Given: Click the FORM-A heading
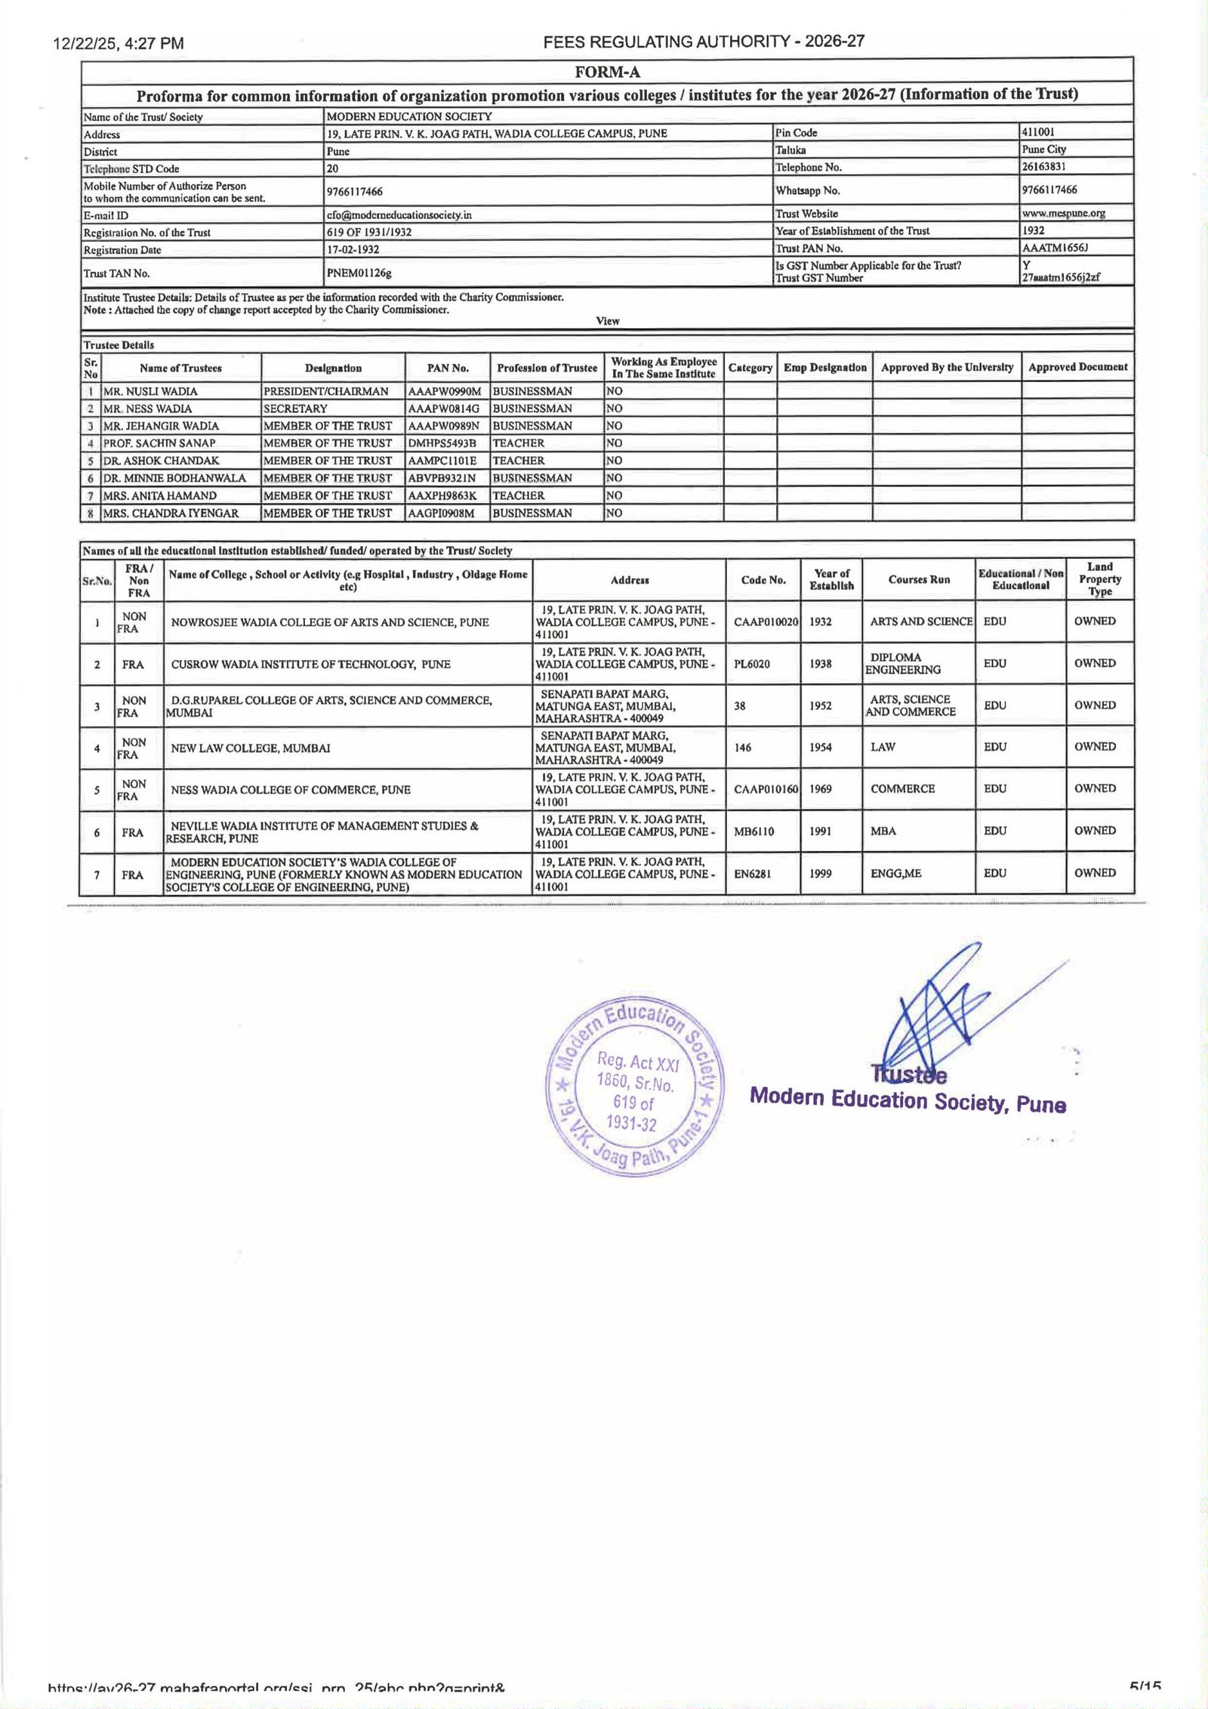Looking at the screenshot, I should coord(607,72).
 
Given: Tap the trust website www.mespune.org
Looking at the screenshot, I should coord(1063,213).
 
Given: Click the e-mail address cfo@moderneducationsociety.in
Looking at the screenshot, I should coord(399,214).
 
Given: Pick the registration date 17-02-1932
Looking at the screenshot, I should coord(353,249).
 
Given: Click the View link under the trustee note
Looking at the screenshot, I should coord(607,321).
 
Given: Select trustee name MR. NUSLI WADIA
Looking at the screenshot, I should coord(150,391).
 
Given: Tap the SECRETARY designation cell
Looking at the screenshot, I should coord(295,409).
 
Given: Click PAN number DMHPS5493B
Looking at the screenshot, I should coord(442,443).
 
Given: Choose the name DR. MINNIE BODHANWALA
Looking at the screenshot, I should coord(174,478).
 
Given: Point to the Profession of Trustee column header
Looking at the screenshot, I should coord(547,368).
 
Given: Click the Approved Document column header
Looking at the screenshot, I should coord(1077,367).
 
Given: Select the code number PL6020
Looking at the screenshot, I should coord(750,664).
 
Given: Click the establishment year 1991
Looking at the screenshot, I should coord(821,831).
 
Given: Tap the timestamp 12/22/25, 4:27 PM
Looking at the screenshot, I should coord(119,44).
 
